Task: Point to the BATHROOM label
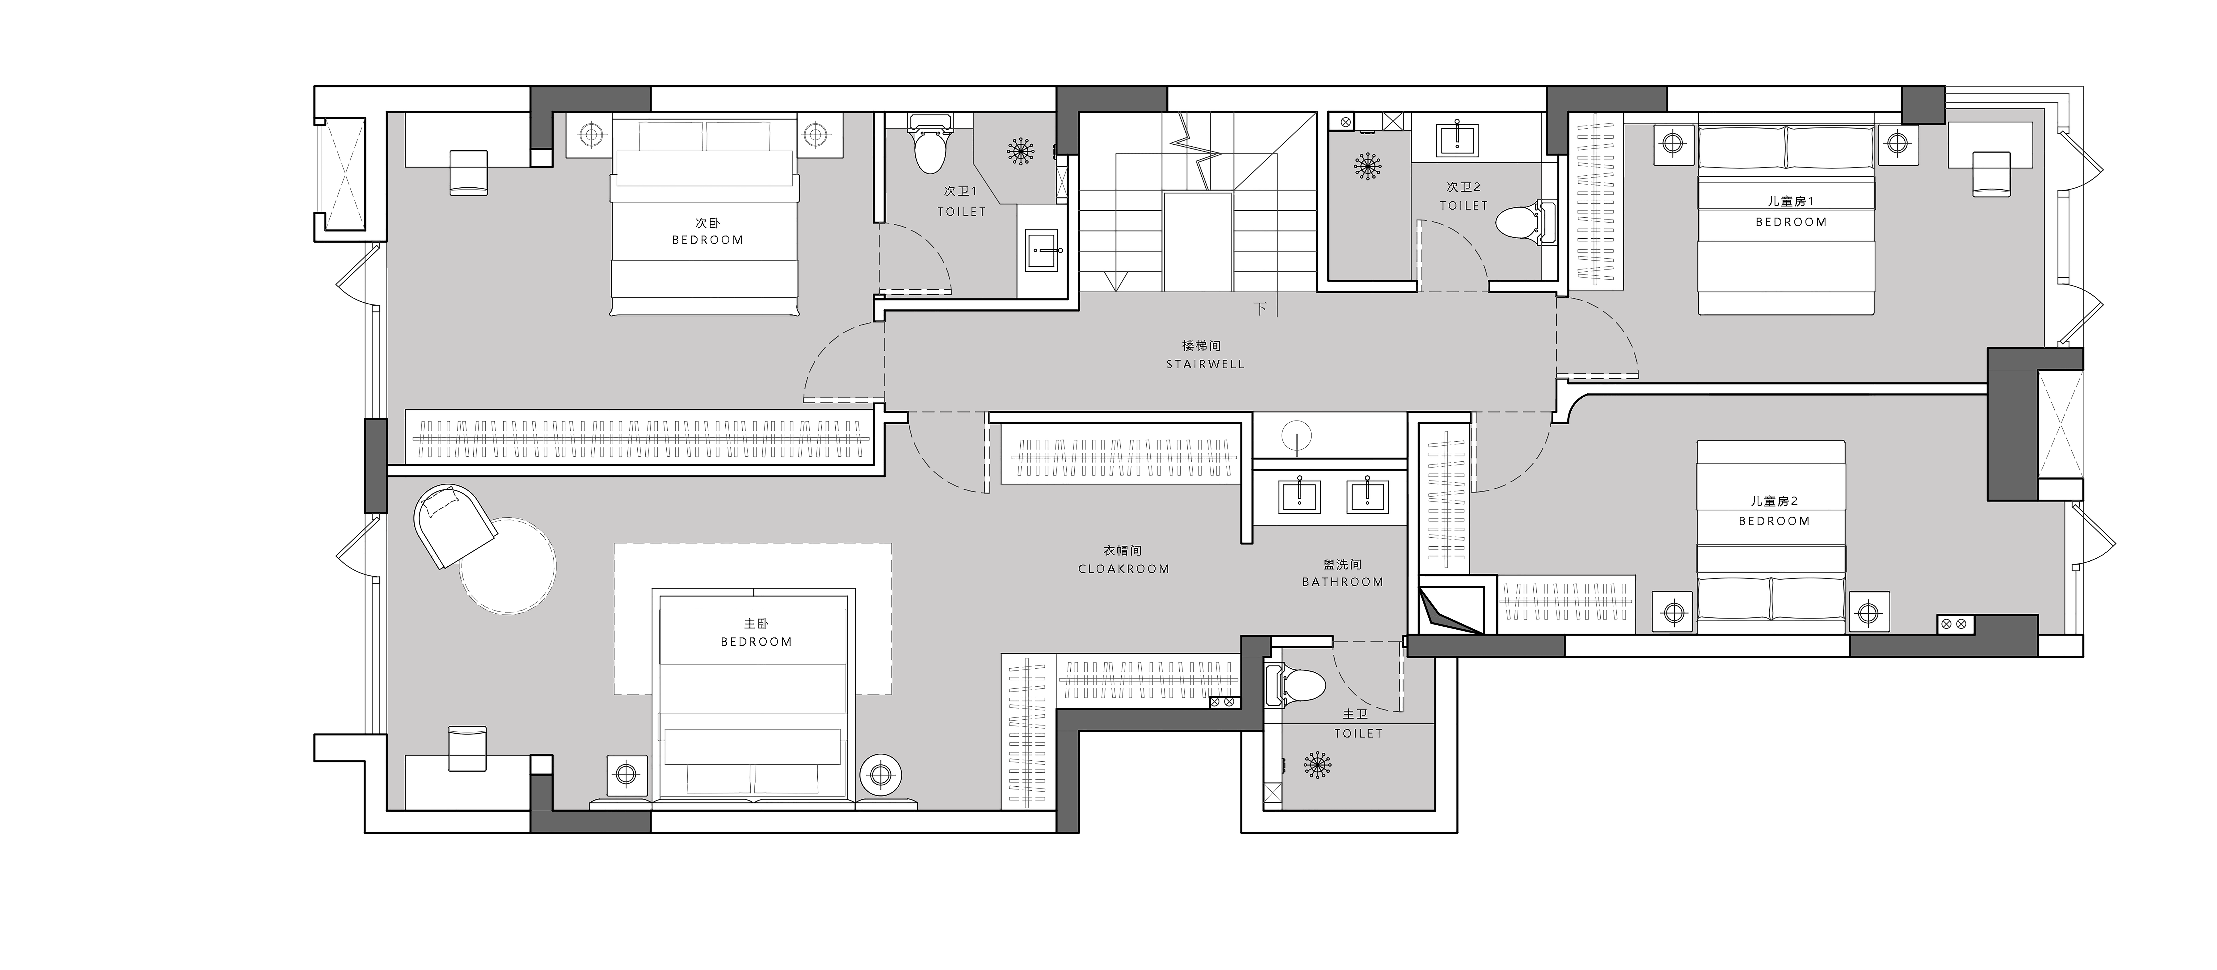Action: (x=1343, y=582)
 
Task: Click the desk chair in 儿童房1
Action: (x=1991, y=173)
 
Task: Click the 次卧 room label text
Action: (x=707, y=223)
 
